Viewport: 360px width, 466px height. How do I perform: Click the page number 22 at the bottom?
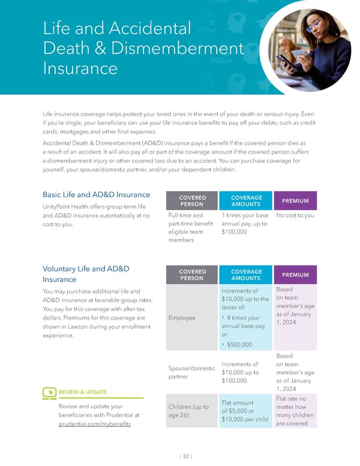(186, 456)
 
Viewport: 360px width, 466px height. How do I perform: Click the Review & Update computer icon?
(49, 392)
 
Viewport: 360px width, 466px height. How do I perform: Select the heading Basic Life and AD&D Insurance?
(96, 195)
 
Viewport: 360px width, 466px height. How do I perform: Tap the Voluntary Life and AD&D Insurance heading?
(86, 274)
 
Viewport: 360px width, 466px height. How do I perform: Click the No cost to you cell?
(295, 215)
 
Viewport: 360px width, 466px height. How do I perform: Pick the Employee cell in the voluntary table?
(182, 318)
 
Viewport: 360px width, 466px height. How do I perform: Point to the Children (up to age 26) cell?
(188, 411)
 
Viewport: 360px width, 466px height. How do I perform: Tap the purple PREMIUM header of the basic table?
(295, 201)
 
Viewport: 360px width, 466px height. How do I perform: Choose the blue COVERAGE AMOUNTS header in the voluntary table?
(246, 275)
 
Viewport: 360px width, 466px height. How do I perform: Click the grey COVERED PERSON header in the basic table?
(192, 201)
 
